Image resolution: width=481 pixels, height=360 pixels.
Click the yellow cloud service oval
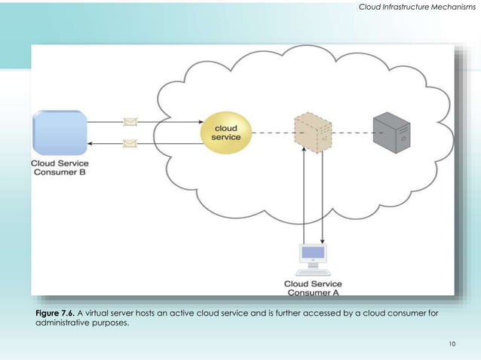click(225, 133)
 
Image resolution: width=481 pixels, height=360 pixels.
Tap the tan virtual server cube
click(313, 133)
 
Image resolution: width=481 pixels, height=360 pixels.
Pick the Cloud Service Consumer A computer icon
click(313, 258)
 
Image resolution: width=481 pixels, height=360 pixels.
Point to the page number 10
click(452, 344)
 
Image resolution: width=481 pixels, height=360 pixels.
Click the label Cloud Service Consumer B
click(60, 167)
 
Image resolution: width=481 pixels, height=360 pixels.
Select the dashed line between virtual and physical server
click(353, 133)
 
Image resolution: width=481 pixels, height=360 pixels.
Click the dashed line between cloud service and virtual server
click(271, 133)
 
